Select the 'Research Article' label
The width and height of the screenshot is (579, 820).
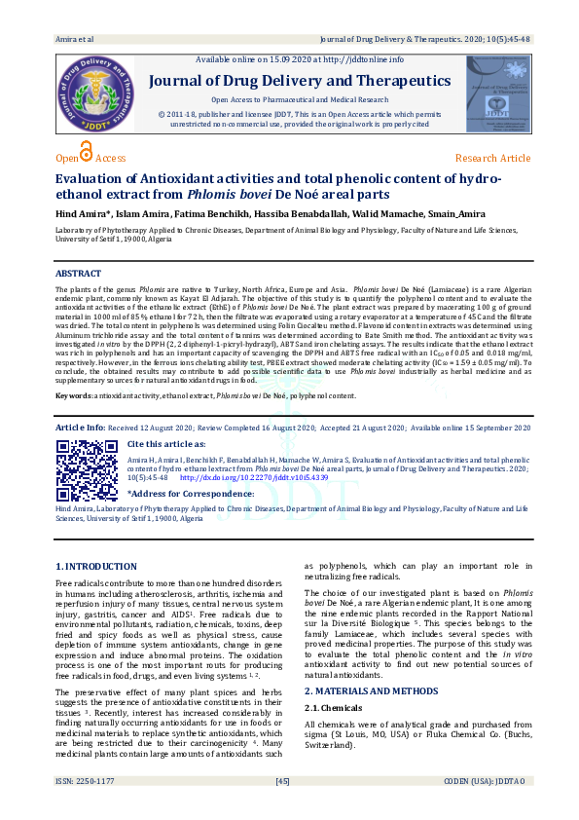(x=492, y=158)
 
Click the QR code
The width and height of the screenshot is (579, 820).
(x=86, y=469)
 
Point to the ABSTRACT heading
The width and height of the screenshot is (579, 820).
(x=79, y=274)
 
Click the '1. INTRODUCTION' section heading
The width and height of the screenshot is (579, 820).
(x=95, y=566)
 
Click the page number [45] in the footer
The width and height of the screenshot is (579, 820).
(x=283, y=808)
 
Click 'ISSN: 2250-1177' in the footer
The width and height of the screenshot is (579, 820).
(x=87, y=808)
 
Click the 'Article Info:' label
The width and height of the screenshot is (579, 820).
(x=81, y=428)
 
